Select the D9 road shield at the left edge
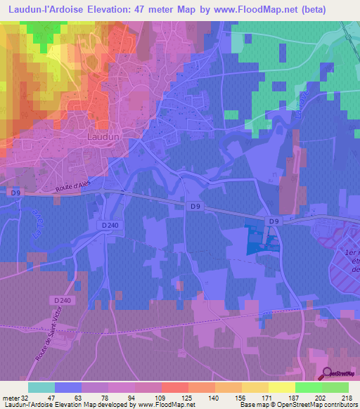pos(15,191)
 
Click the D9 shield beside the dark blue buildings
pos(275,221)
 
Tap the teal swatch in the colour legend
pos(41,387)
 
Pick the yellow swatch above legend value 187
pos(281,387)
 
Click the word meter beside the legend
pos(10,398)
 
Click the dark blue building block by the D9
pos(256,239)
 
